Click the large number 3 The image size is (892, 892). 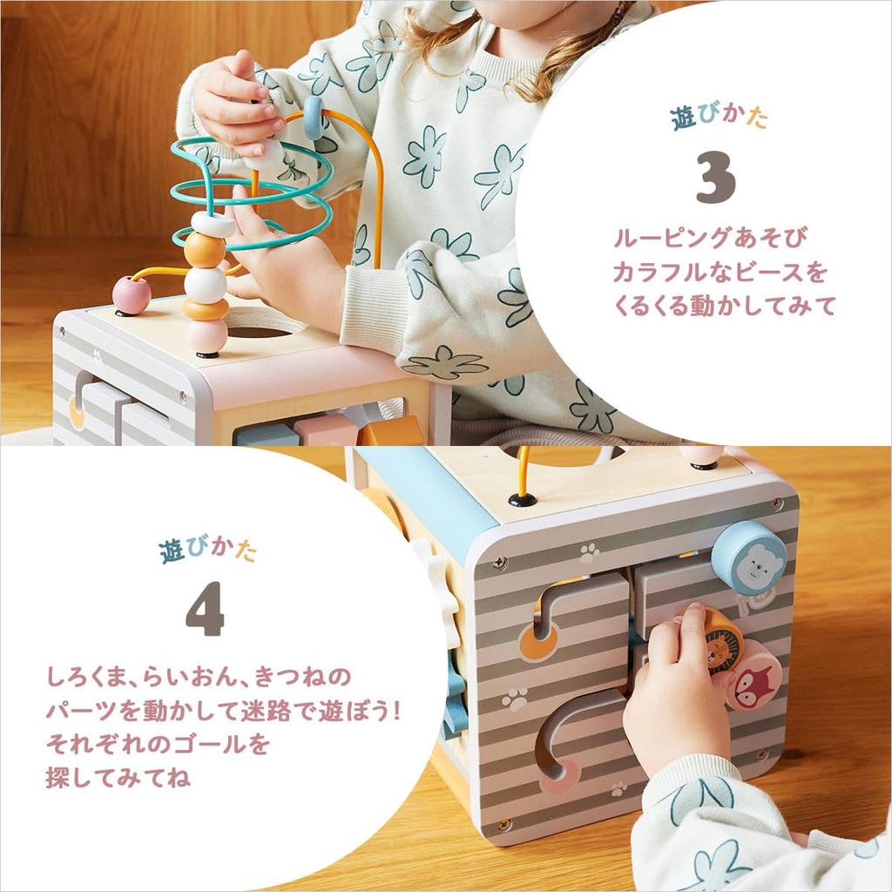pyautogui.click(x=716, y=179)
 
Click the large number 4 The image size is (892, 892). pyautogui.click(x=205, y=608)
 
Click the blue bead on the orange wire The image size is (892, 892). pyautogui.click(x=314, y=118)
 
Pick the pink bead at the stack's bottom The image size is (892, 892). pyautogui.click(x=207, y=335)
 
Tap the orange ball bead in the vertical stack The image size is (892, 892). pyautogui.click(x=205, y=249)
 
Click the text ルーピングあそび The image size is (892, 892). pyautogui.click(x=712, y=237)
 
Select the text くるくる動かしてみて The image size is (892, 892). pyautogui.click(x=725, y=306)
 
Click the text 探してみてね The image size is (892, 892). pyautogui.click(x=119, y=778)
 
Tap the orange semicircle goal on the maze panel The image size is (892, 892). pyautogui.click(x=538, y=645)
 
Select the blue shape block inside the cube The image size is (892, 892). pyautogui.click(x=267, y=435)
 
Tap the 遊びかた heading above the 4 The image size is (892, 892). pyautogui.click(x=208, y=551)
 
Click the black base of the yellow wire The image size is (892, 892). pyautogui.click(x=522, y=499)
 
